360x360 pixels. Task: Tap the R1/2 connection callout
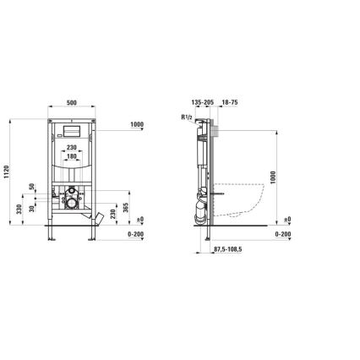tap(187, 117)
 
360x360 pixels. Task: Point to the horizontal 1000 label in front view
tap(138, 126)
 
